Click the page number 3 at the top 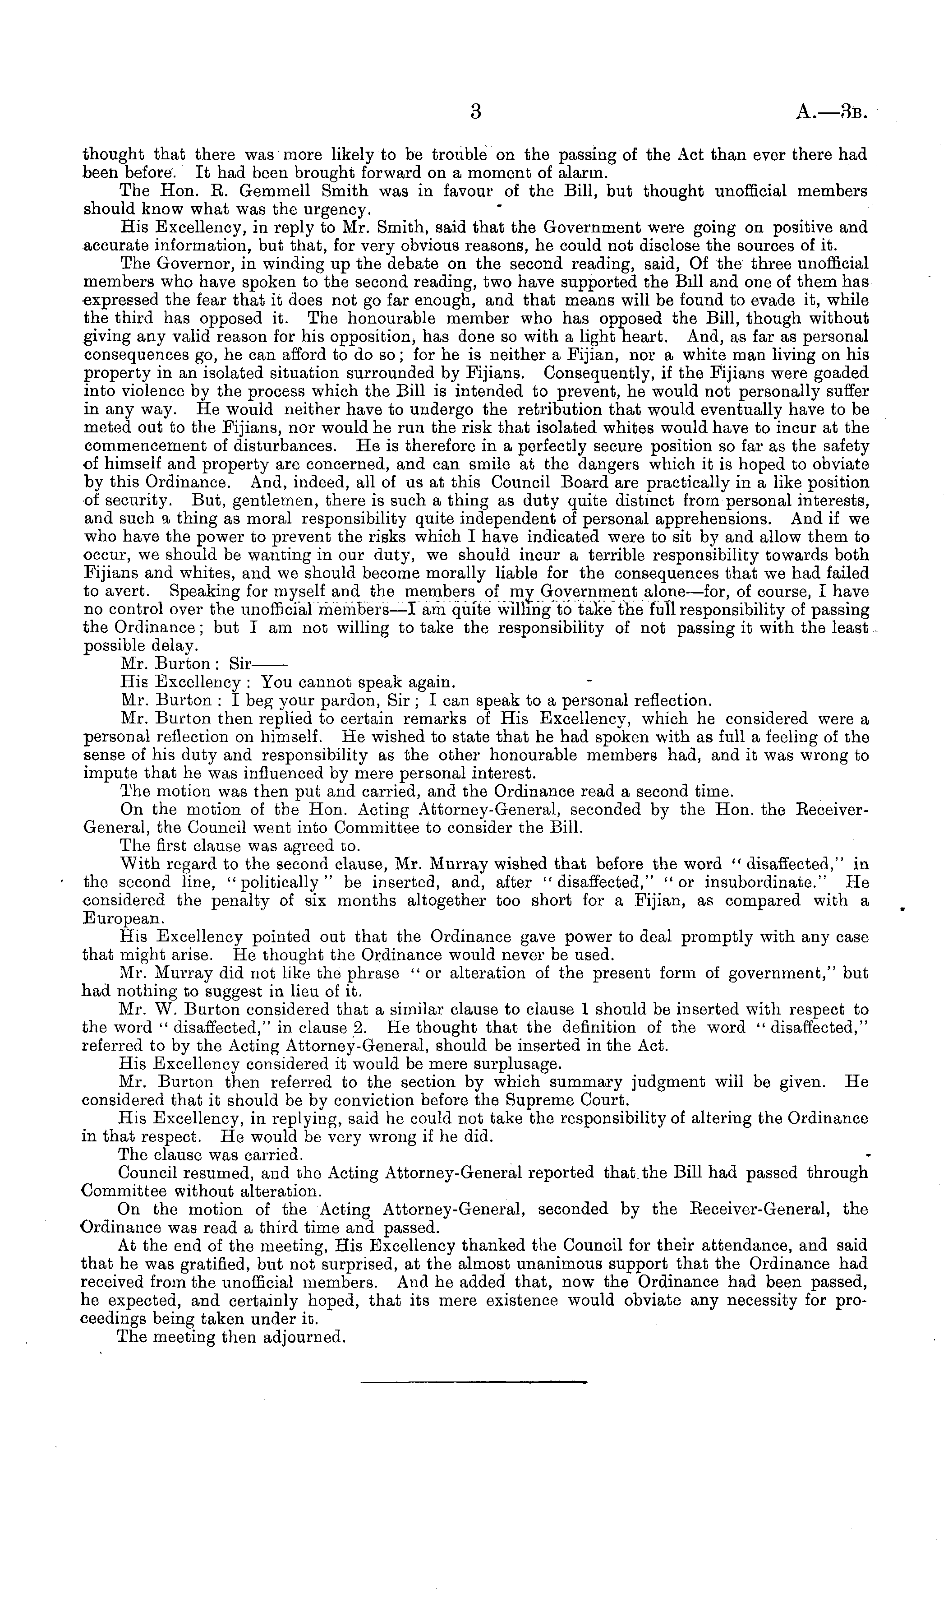click(x=474, y=112)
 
